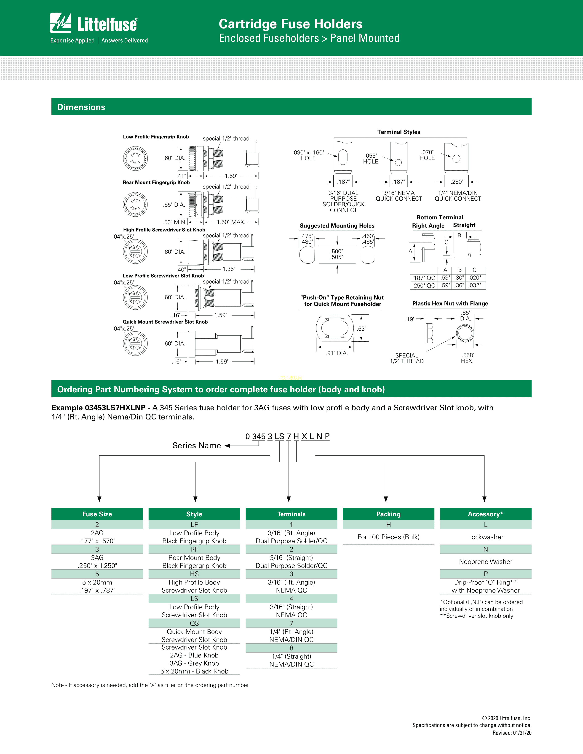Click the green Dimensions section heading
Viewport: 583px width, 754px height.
[81, 107]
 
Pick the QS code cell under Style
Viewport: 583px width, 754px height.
[194, 623]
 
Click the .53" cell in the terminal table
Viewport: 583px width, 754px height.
[445, 278]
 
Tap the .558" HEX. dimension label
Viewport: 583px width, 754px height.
[468, 358]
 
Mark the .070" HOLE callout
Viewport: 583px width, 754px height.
[427, 155]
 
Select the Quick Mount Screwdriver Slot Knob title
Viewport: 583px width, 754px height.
[165, 322]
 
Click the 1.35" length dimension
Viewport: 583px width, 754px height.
[229, 269]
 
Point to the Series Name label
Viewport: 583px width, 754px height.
[197, 445]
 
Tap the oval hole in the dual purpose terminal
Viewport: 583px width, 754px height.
[343, 157]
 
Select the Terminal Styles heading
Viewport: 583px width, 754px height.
[398, 132]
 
